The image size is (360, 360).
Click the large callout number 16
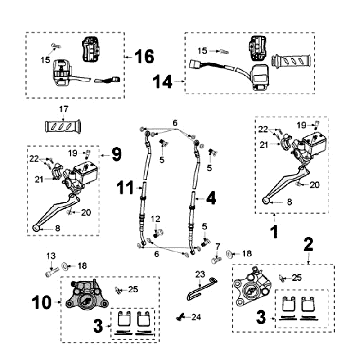tap(144, 57)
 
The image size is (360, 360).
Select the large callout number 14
tap(163, 82)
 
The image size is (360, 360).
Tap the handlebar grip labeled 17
tap(63, 127)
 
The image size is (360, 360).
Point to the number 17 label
tap(63, 109)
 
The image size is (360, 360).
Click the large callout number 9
tap(116, 155)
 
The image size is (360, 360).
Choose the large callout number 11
tap(125, 188)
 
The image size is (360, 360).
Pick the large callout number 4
tap(211, 199)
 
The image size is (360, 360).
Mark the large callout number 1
tap(274, 231)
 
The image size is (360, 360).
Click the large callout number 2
tap(308, 245)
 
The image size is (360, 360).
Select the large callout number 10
tap(42, 303)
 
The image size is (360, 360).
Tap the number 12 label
tap(156, 219)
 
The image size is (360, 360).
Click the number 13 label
tap(51, 256)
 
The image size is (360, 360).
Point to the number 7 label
tap(218, 247)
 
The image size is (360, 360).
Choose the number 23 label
tap(200, 274)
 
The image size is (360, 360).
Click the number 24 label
tap(196, 317)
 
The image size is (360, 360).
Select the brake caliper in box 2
tap(251, 289)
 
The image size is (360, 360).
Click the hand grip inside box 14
tap(291, 61)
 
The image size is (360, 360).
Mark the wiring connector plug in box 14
tap(194, 64)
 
